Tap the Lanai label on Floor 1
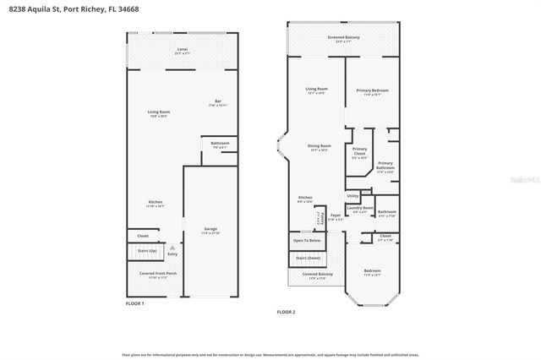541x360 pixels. tap(182, 50)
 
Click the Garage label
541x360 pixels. tap(211, 230)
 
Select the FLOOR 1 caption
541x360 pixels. tap(135, 303)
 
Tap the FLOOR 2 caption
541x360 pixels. tap(286, 312)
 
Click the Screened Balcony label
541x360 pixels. tap(344, 38)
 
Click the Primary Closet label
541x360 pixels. tap(360, 153)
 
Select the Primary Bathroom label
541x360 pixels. tap(385, 165)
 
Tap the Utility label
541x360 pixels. tap(352, 195)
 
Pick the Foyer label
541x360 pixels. tap(335, 215)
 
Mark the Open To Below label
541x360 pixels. tap(307, 240)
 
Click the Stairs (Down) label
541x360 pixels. tap(307, 257)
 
